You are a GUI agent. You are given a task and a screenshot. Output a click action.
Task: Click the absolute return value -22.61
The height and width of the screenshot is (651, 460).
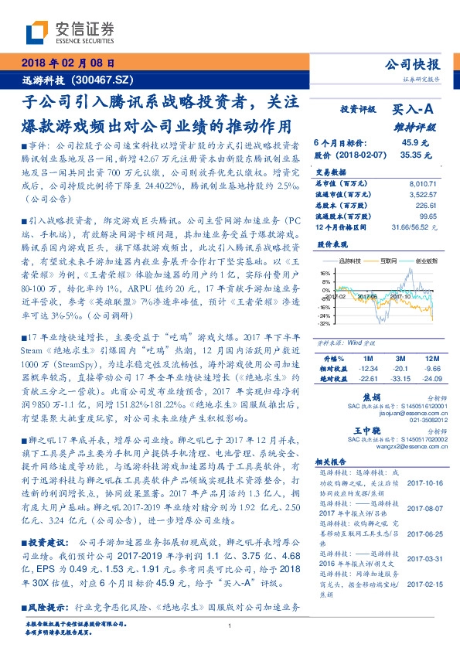click(x=367, y=378)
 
